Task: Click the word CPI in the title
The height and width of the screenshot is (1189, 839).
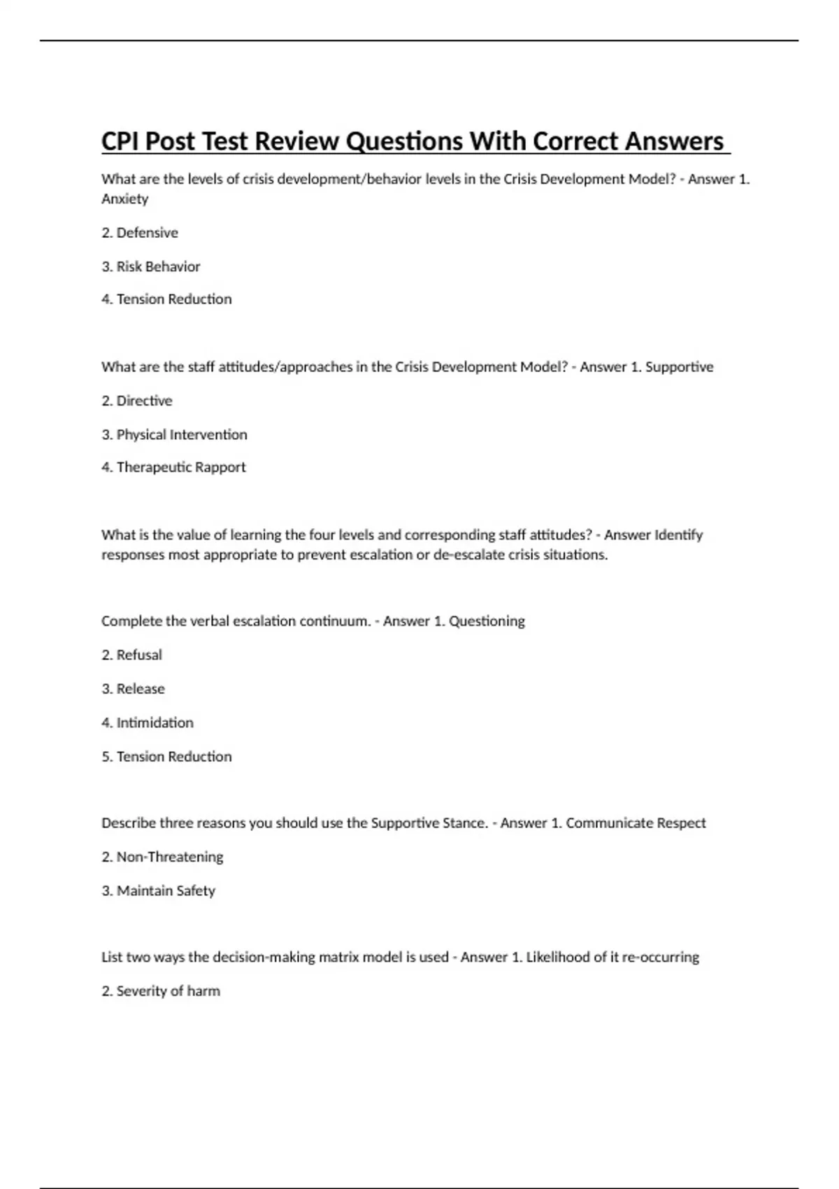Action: pyautogui.click(x=120, y=141)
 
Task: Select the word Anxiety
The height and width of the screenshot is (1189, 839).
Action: pyautogui.click(x=124, y=199)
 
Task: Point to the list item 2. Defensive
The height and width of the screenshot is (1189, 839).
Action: pyautogui.click(x=140, y=232)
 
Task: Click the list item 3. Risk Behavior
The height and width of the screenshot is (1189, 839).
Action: pyautogui.click(x=151, y=266)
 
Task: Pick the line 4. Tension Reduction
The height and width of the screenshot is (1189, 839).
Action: pyautogui.click(x=166, y=299)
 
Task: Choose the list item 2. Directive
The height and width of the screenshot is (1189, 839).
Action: pyautogui.click(x=137, y=401)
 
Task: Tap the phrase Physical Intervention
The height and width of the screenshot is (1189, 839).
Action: pyautogui.click(x=182, y=434)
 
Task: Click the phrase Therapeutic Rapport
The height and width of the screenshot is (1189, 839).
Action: pyautogui.click(x=181, y=467)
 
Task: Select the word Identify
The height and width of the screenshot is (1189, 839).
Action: pyautogui.click(x=677, y=535)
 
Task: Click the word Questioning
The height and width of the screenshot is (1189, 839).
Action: pyautogui.click(x=487, y=621)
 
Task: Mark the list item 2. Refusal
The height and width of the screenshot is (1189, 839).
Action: pyautogui.click(x=131, y=655)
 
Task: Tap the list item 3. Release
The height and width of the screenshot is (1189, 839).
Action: pyautogui.click(x=133, y=689)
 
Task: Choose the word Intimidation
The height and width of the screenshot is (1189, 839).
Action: pyautogui.click(x=155, y=722)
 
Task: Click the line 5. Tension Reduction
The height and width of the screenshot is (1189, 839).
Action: pyautogui.click(x=166, y=757)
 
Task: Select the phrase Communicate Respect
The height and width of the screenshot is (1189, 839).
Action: pyautogui.click(x=636, y=823)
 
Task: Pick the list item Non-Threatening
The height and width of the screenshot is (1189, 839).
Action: pyautogui.click(x=170, y=857)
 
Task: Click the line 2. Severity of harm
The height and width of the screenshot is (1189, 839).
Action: pyautogui.click(x=161, y=991)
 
